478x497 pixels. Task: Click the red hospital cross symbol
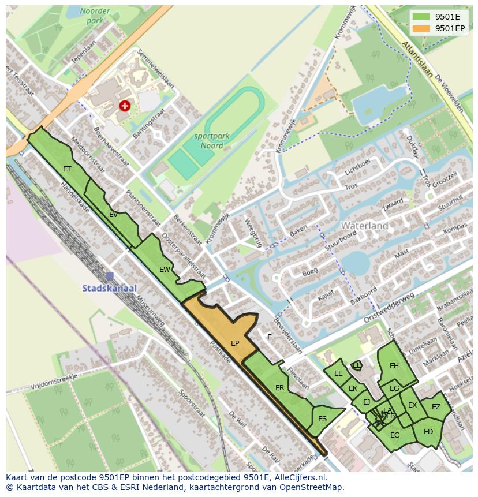point(124,106)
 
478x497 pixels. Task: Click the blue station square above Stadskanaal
point(110,276)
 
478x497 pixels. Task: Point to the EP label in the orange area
point(235,343)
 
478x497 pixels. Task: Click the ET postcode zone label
point(67,169)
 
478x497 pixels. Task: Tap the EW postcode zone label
point(165,269)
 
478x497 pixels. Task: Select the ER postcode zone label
point(279,388)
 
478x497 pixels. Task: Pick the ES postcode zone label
point(322,419)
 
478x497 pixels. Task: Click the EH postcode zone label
point(394,365)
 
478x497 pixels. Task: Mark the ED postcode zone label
point(428,431)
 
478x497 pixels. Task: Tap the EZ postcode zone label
point(436,406)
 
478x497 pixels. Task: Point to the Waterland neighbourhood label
point(364,226)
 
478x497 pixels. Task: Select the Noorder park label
point(95,16)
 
